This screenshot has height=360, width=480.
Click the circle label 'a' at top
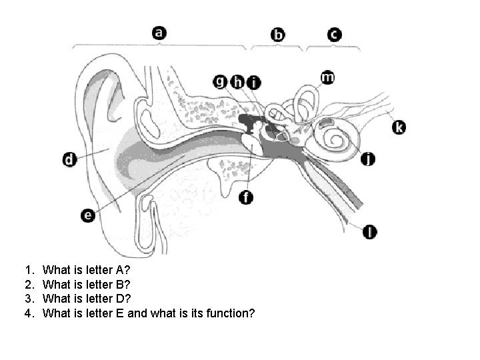click(x=159, y=32)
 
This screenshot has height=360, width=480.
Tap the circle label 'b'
click(x=278, y=35)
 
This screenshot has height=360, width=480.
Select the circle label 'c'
click(x=335, y=35)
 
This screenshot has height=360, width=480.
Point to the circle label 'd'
click(x=69, y=160)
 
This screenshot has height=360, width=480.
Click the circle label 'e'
click(x=88, y=215)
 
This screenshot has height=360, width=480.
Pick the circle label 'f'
click(x=247, y=197)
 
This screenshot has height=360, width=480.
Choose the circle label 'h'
click(x=237, y=82)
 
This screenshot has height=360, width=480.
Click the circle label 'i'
click(x=253, y=83)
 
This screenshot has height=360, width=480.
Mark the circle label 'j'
click(x=368, y=159)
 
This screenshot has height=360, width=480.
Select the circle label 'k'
click(x=399, y=127)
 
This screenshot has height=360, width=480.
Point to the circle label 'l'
click(x=371, y=231)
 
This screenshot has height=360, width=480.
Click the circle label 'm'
click(x=327, y=77)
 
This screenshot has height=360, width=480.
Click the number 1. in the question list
click(x=29, y=271)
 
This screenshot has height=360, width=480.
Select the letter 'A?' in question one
click(x=125, y=271)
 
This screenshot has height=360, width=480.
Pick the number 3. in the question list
click(x=29, y=299)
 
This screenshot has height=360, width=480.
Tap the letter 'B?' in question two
click(x=125, y=285)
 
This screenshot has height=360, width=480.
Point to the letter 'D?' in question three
click(x=125, y=299)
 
